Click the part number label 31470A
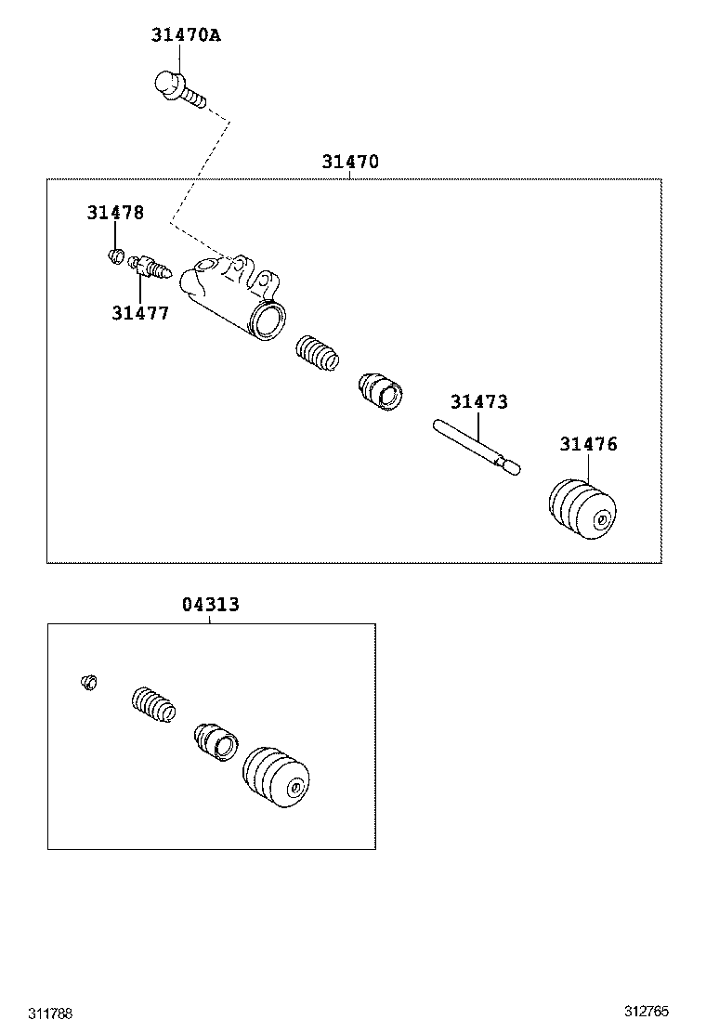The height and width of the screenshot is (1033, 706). coord(186,35)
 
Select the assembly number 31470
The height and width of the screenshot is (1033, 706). coord(350,162)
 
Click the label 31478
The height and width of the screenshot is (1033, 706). coord(116,212)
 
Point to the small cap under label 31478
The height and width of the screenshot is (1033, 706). coord(116,254)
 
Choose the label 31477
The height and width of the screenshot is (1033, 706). coord(140,313)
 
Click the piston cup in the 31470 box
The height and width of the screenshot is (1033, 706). coord(380,390)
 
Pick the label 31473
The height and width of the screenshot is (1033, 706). coord(479,401)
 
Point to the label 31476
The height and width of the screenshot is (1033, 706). coord(588,444)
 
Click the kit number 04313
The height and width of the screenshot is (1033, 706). coord(210,604)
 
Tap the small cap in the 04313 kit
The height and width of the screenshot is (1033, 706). coord(88,684)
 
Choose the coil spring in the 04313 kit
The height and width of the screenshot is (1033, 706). coord(154,707)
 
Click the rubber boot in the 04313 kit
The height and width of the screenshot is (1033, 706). coord(276,778)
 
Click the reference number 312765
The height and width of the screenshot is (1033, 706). coord(647,1012)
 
